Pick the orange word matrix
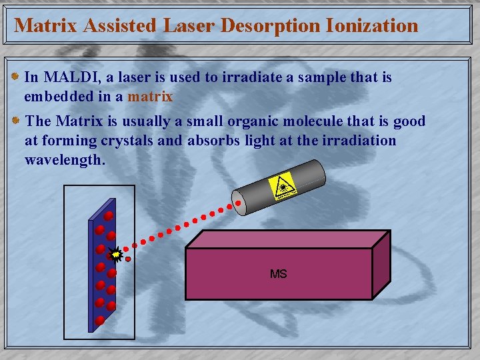point(150,97)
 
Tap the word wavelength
point(65,161)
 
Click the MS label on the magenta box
point(278,274)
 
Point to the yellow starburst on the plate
point(116,254)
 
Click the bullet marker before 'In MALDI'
point(16,77)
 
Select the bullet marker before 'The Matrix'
point(16,121)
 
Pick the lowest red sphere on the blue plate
point(99,320)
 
